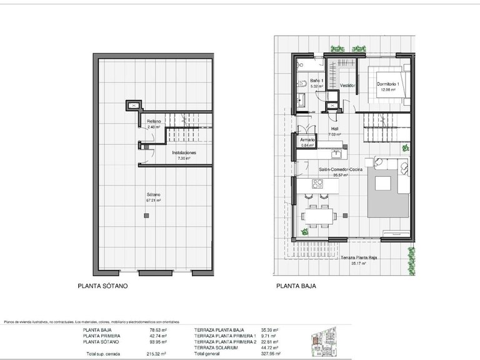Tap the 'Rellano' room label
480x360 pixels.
pyautogui.click(x=154, y=121)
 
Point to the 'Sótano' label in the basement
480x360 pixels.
pyautogui.click(x=154, y=196)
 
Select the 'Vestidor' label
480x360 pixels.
pyautogui.click(x=348, y=85)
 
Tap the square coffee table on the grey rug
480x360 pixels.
pyautogui.click(x=381, y=182)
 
